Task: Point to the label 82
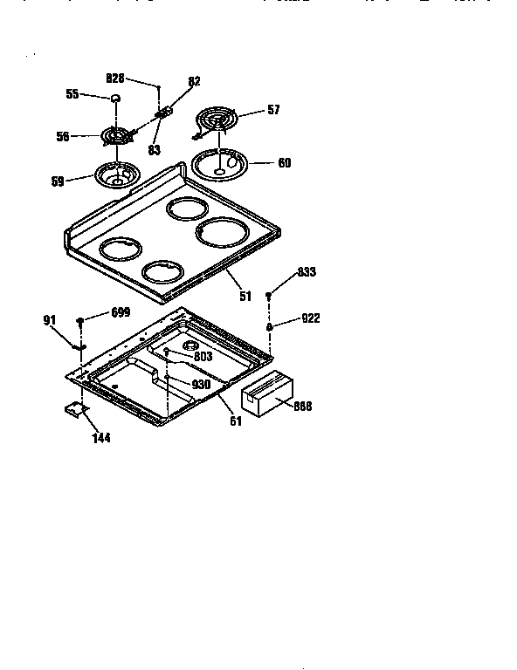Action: tap(194, 81)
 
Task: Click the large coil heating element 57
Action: tap(215, 120)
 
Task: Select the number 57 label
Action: tap(273, 111)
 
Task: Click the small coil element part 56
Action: tap(114, 137)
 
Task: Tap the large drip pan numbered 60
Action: tap(220, 163)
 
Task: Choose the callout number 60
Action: tap(285, 162)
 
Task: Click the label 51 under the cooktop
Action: tap(245, 297)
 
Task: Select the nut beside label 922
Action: tap(270, 326)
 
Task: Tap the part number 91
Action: tap(49, 319)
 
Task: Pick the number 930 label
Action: tap(202, 385)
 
